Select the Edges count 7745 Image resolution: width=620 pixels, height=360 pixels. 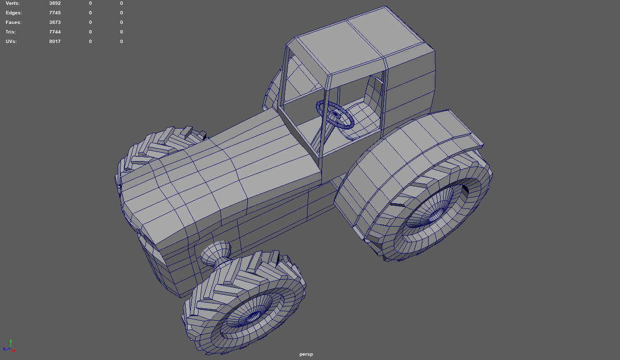(x=55, y=13)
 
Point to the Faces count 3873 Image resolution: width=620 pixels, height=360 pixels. (x=55, y=22)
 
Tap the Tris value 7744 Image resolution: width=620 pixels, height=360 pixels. (x=55, y=32)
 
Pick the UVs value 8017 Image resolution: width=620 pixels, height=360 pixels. (x=55, y=42)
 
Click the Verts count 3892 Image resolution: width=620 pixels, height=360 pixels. (x=55, y=3)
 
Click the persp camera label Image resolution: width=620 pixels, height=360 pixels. (x=306, y=354)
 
